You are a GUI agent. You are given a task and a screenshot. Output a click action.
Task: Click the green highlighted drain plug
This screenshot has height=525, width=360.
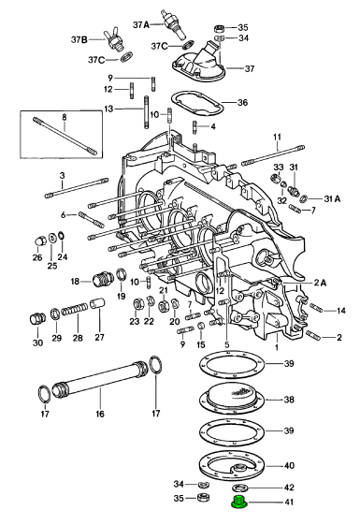point(238,503)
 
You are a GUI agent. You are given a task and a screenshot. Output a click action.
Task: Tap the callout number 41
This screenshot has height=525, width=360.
point(288,503)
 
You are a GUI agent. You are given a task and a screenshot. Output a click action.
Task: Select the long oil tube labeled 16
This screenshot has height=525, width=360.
point(99,380)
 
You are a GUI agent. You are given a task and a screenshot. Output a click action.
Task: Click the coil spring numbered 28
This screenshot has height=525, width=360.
point(74,310)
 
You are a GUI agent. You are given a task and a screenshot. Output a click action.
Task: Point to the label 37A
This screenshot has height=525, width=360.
point(141,24)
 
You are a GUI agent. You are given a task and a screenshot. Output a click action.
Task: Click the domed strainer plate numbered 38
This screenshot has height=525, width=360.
point(232,398)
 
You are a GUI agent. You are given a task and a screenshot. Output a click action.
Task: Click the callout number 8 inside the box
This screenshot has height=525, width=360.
point(65,117)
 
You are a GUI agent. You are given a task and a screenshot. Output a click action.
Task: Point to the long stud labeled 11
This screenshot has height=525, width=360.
point(273,155)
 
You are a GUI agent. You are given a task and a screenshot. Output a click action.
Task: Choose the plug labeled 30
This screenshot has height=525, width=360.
point(36,319)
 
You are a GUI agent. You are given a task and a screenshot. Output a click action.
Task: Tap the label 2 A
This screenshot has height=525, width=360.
point(320,284)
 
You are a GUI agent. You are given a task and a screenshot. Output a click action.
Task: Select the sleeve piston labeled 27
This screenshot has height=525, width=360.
point(99,305)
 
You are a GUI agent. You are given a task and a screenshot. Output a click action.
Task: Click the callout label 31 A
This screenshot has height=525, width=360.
point(332,199)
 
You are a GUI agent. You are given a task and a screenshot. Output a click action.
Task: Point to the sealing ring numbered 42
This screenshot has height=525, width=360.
point(239,487)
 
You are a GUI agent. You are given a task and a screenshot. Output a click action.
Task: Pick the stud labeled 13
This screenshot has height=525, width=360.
point(147,111)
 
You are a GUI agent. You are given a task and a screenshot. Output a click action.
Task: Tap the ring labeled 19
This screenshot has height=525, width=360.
point(122,275)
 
